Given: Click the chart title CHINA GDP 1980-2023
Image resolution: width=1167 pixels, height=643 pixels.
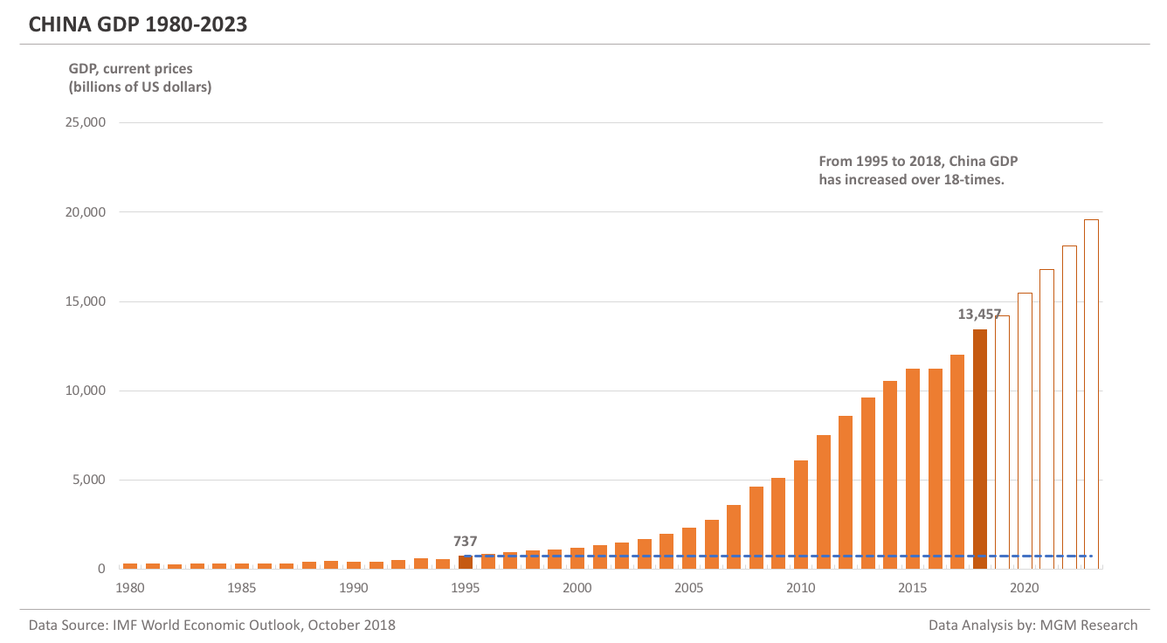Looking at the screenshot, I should point(138,25).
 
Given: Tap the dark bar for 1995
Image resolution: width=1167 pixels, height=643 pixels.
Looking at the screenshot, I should point(466,562).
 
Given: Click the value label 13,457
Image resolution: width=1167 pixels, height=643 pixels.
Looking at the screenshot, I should point(979,315).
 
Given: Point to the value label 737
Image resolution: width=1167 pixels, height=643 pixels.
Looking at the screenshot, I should point(466,542).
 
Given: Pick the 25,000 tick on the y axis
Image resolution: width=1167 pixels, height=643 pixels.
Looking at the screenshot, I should point(86,122).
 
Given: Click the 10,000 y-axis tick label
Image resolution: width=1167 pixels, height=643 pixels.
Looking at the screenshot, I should point(86,391).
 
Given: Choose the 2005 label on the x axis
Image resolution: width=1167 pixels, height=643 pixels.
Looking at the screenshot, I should point(689,588).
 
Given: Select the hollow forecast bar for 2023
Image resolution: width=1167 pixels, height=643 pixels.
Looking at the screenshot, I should point(1091,393).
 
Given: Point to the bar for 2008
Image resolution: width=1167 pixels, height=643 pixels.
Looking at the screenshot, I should point(756,528).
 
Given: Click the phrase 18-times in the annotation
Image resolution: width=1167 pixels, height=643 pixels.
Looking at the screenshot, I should point(970,180).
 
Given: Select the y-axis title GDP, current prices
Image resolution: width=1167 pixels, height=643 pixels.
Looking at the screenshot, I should point(131,67).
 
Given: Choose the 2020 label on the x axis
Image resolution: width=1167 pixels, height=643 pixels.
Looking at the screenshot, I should point(1025,588).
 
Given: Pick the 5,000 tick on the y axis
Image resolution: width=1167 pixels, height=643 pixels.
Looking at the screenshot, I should point(89,480).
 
